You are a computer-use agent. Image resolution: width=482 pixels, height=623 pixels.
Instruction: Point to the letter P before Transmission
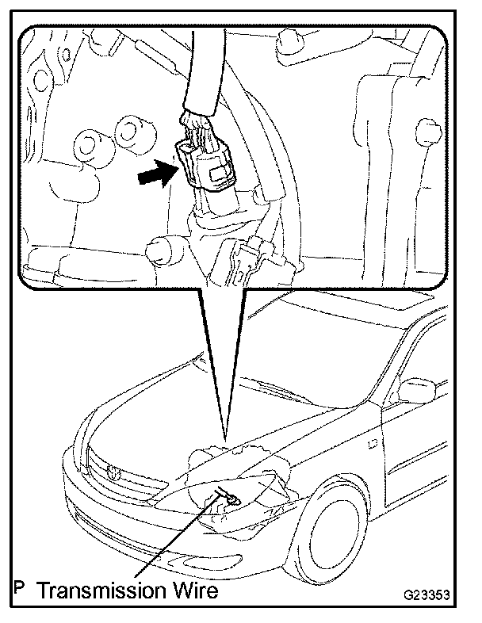click(x=18, y=591)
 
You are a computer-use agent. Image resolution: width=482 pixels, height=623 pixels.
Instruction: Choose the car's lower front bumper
click(x=159, y=547)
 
